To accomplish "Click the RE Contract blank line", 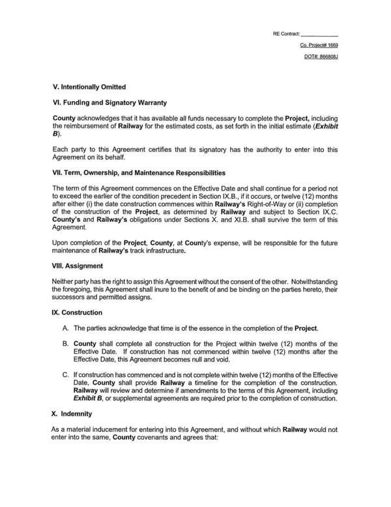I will pos(320,34).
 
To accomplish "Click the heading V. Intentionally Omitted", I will pos(89,87).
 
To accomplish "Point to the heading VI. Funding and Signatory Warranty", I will pos(110,102).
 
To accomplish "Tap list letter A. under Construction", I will pos(66,327).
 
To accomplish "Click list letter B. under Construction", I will pos(66,343).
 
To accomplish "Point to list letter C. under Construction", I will pos(66,375).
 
